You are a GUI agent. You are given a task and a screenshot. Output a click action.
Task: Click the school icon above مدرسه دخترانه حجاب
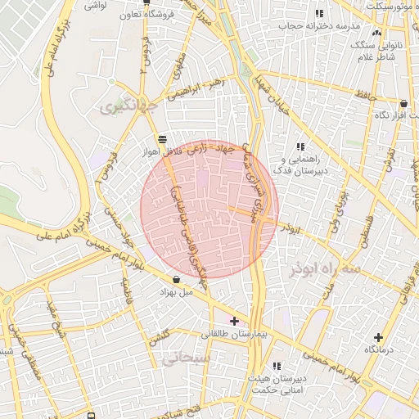[x=319, y=13]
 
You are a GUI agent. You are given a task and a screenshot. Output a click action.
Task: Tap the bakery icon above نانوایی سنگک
[x=376, y=33]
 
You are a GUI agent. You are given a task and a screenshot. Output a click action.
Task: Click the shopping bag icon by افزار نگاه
[x=403, y=104]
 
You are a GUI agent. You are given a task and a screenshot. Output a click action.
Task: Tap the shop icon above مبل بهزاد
[x=177, y=279]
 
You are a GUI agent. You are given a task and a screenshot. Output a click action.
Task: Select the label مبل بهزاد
[x=176, y=291]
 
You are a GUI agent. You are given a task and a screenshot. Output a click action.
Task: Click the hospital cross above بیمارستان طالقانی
[x=235, y=321]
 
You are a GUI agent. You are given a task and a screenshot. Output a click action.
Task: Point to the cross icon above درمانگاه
[x=378, y=337]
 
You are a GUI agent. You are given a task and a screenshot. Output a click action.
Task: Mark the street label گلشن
[x=159, y=336]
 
